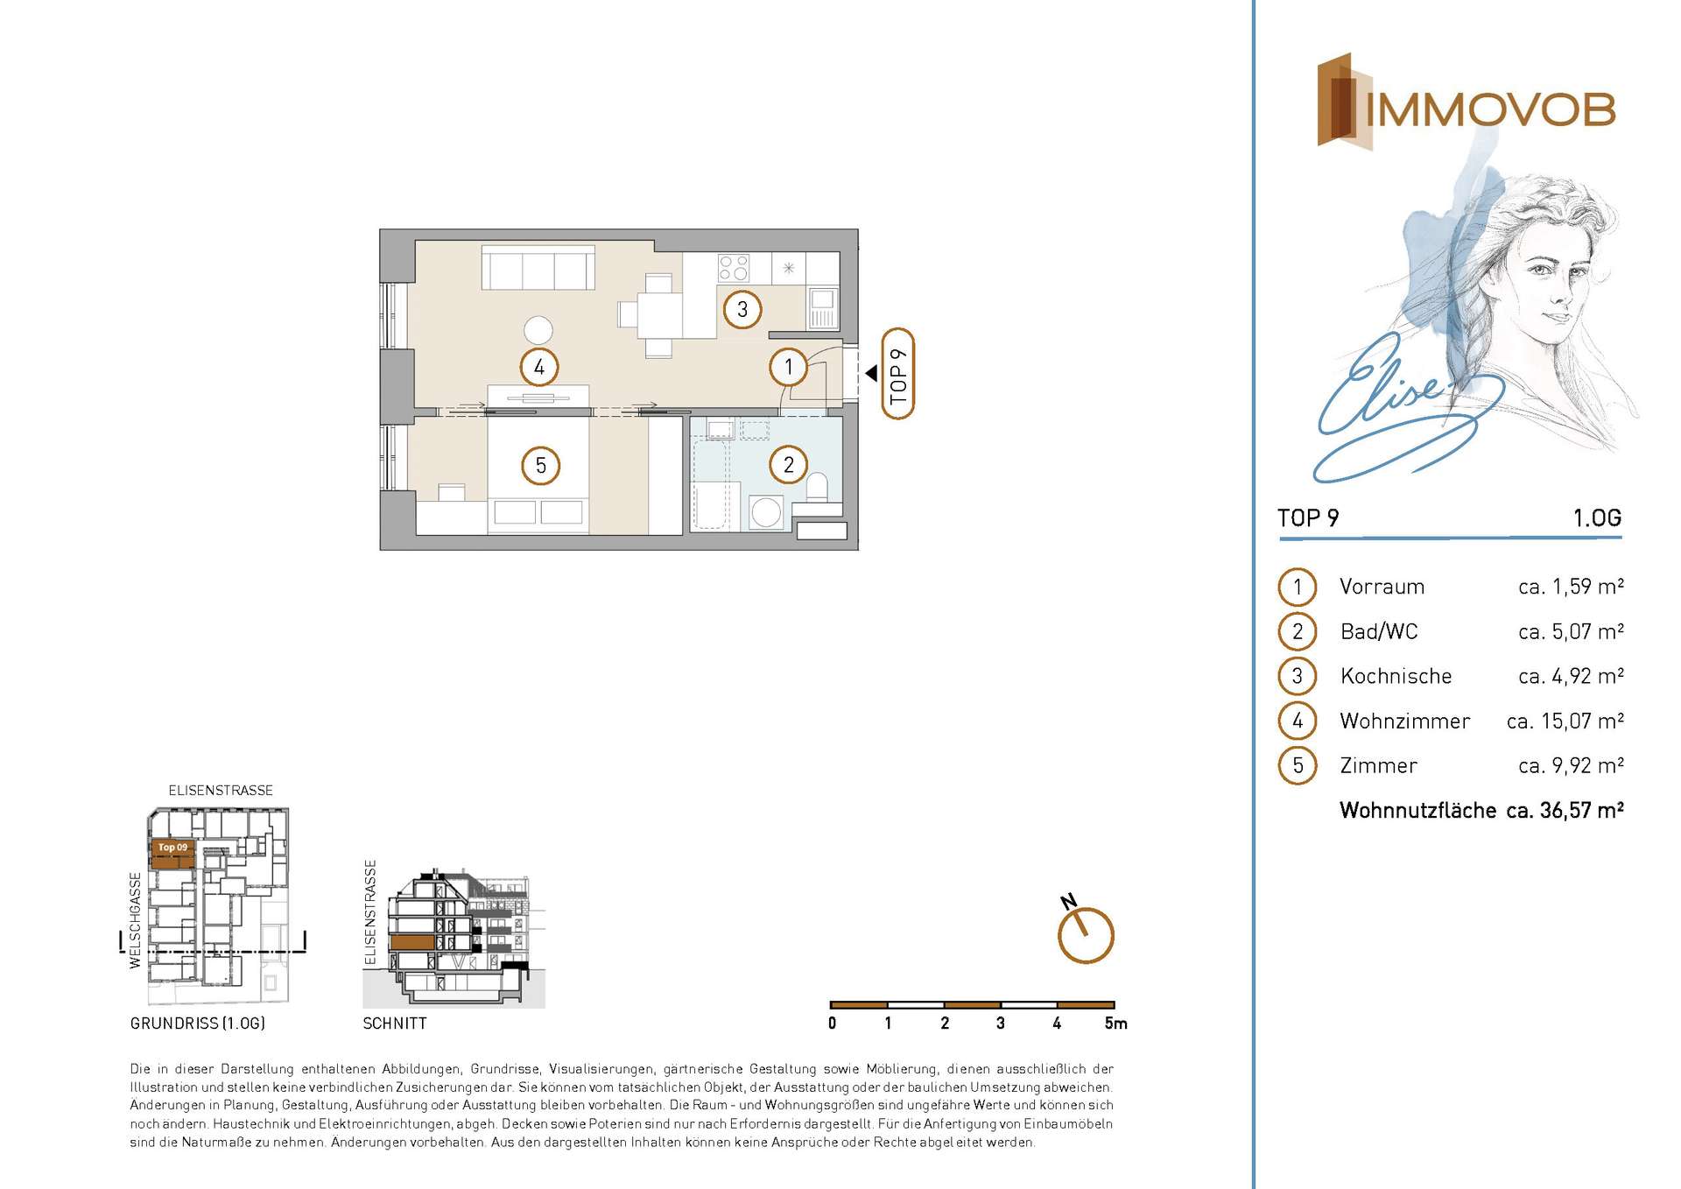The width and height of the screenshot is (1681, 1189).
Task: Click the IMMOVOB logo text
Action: (1490, 109)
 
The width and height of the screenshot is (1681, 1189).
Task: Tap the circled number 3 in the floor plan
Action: (742, 309)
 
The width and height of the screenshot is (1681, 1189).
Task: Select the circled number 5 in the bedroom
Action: (540, 465)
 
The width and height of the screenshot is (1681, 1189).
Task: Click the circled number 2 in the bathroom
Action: (788, 464)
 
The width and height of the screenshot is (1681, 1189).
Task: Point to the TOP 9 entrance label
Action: (897, 374)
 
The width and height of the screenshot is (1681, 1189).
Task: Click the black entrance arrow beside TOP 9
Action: (871, 373)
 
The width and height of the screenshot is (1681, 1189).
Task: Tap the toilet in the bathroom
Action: (816, 487)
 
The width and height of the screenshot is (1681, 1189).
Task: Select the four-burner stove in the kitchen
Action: (734, 267)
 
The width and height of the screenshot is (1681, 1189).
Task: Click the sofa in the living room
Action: (538, 267)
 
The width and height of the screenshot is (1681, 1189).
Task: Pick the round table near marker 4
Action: (538, 330)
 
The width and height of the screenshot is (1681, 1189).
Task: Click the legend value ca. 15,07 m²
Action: (1565, 721)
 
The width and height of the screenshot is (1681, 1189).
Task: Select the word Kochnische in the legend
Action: (1396, 676)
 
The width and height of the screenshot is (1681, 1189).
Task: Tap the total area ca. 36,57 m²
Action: (1565, 810)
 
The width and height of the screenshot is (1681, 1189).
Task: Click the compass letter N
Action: (1068, 901)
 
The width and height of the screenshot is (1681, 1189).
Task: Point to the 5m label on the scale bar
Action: (1116, 1023)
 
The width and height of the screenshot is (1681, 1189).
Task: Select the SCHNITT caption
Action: (395, 1023)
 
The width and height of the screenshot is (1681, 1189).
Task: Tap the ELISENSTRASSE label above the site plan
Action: (221, 790)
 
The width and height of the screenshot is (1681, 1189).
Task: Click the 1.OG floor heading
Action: (1597, 517)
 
